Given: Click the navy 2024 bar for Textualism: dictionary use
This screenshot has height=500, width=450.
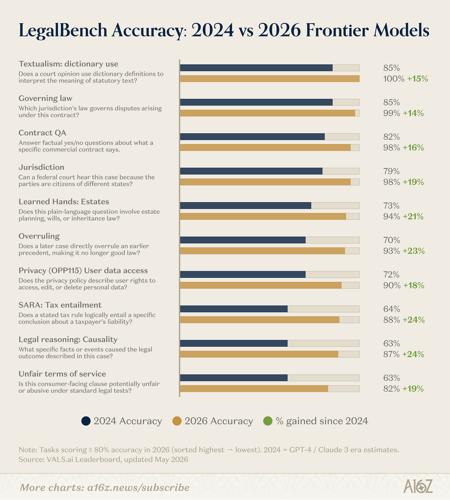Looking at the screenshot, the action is pos(256,68).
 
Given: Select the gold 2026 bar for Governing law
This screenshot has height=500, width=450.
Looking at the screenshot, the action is pos(267,113).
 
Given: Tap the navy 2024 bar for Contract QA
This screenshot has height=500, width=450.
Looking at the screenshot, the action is pos(252,137).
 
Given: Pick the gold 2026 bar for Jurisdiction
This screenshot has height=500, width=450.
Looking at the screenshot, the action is pos(265,182).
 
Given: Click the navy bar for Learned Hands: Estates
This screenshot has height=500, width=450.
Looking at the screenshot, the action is pos(245,206).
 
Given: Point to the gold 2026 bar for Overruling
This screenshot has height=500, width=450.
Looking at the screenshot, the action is pos(262,251).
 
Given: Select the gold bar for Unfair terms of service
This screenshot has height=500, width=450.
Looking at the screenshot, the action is pos(254,389).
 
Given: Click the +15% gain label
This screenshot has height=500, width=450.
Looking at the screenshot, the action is pos(418,79).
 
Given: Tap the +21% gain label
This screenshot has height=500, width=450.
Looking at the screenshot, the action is pos(413,216).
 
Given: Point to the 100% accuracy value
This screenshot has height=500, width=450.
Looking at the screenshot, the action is pos(394,79).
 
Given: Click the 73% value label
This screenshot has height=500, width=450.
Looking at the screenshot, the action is pos(392,206).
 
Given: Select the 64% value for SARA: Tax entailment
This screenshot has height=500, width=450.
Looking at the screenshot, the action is pos(392,309).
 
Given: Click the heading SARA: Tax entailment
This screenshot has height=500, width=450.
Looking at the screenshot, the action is pos(60,305).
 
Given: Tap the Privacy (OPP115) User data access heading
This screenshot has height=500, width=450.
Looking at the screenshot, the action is pos(83,271).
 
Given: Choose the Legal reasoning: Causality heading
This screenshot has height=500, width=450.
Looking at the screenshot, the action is pos(68,340).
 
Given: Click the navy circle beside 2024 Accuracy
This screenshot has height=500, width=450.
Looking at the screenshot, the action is pos(86,421).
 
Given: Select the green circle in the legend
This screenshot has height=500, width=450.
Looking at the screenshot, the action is pos(268,421).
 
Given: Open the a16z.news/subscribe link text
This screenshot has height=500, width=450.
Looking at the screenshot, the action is pos(138,488).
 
